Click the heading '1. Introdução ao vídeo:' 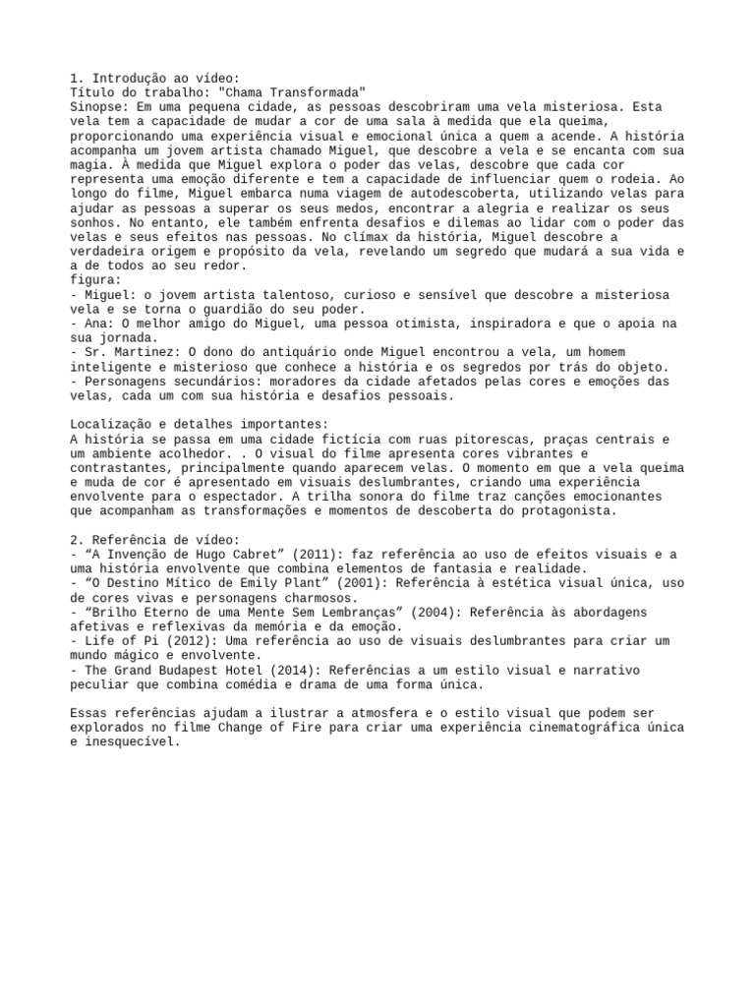[154, 78]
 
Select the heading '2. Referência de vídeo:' [154, 540]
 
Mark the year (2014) [296, 670]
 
